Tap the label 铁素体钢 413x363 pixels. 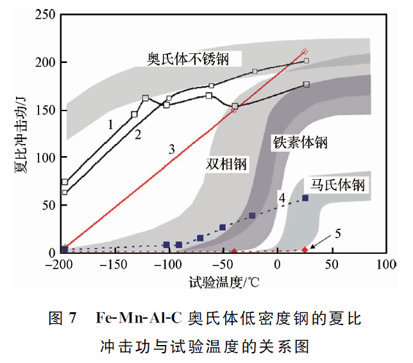point(300,143)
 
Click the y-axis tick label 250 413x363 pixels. point(45,15)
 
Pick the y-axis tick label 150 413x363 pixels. point(45,110)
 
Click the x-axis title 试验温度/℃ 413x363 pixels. point(223,281)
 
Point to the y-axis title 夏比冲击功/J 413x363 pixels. point(20,133)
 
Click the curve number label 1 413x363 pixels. point(110,124)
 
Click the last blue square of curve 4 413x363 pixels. point(305,198)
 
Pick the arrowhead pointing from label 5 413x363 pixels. point(313,248)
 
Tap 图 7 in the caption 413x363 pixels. point(63,318)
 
